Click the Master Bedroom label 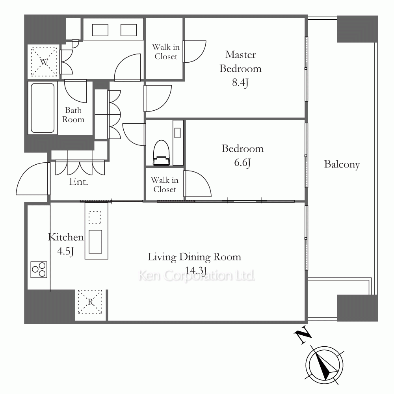(x=240, y=61)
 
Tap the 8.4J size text (x=240, y=82)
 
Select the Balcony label (x=342, y=164)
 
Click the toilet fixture (x=162, y=153)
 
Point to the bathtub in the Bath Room (x=43, y=108)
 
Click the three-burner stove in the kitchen (x=39, y=269)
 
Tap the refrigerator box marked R (x=90, y=301)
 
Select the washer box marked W (x=44, y=62)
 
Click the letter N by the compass (x=303, y=335)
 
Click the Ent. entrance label (x=79, y=182)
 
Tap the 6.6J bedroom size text (x=242, y=163)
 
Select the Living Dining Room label (x=195, y=257)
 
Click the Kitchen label (x=66, y=237)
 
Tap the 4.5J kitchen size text (x=65, y=251)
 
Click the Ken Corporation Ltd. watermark (x=197, y=276)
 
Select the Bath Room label (x=73, y=115)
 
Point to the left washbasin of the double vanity (x=100, y=30)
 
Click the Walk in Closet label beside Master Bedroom (x=166, y=52)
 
